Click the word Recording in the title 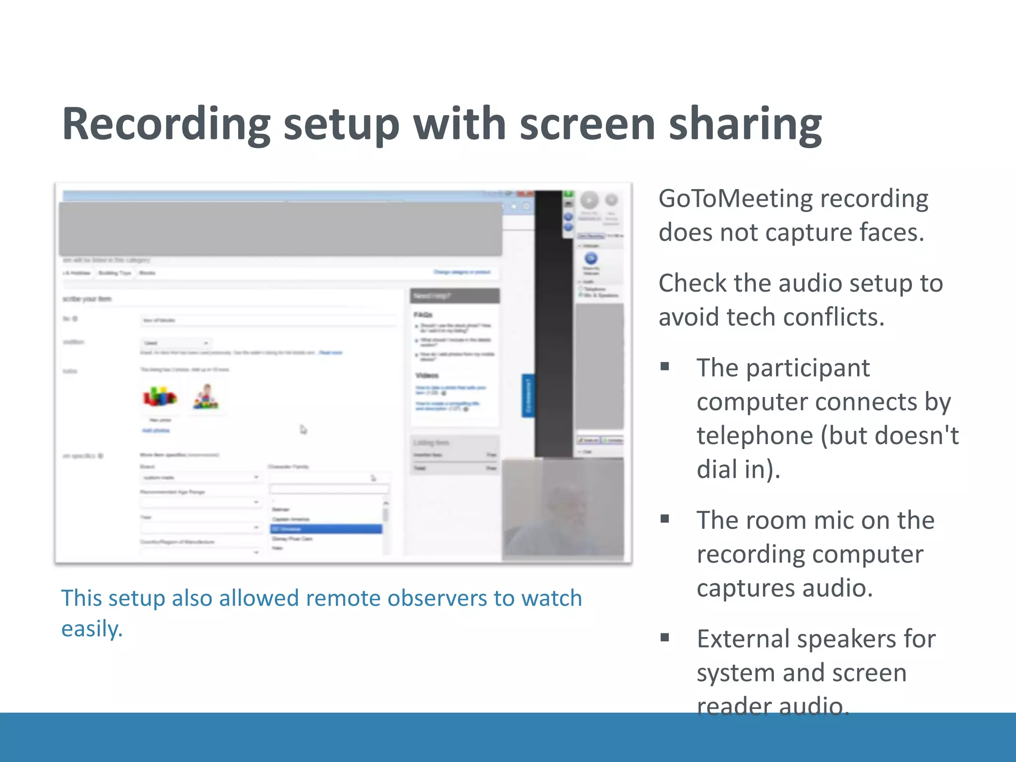click(x=166, y=124)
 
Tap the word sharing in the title click(x=745, y=124)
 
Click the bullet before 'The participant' click(x=665, y=367)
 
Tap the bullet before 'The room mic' click(x=665, y=519)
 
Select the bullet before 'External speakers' click(x=665, y=637)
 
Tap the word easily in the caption click(x=91, y=629)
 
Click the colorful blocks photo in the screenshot click(x=159, y=397)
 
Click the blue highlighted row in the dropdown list click(x=326, y=529)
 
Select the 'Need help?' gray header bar click(x=454, y=296)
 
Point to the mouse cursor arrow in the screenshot click(x=303, y=429)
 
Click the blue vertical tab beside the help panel click(x=528, y=395)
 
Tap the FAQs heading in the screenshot click(x=423, y=315)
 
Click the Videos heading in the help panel click(x=427, y=375)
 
